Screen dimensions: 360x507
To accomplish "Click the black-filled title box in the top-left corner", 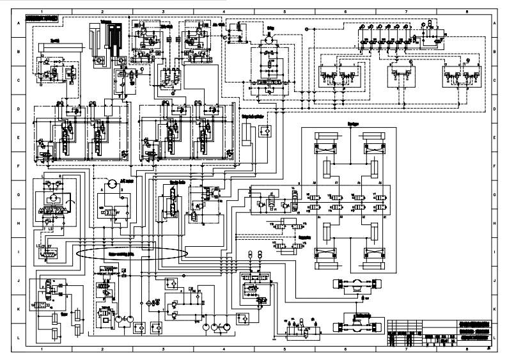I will tap(42, 19).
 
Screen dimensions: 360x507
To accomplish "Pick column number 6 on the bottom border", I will tap(345, 351).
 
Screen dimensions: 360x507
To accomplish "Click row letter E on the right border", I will tap(495, 137).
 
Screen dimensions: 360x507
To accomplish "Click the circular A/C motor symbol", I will tap(112, 184).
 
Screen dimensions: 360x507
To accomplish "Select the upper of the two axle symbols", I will tap(352, 285).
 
